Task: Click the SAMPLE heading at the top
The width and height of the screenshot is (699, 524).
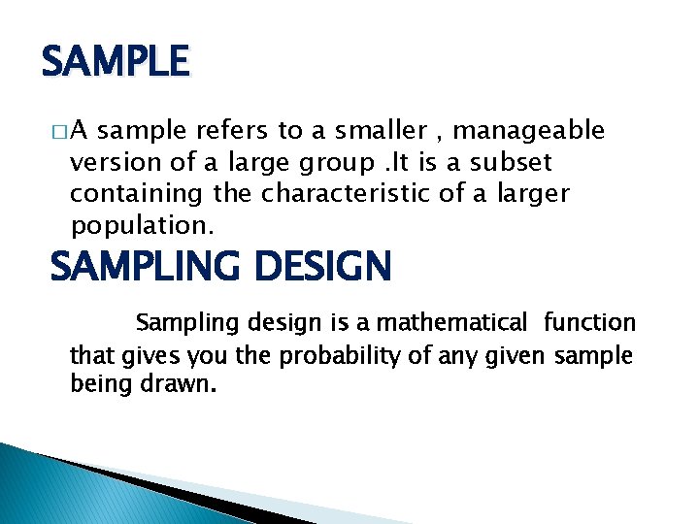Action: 115,63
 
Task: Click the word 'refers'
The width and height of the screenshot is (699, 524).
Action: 228,130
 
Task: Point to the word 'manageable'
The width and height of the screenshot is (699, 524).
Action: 529,131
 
